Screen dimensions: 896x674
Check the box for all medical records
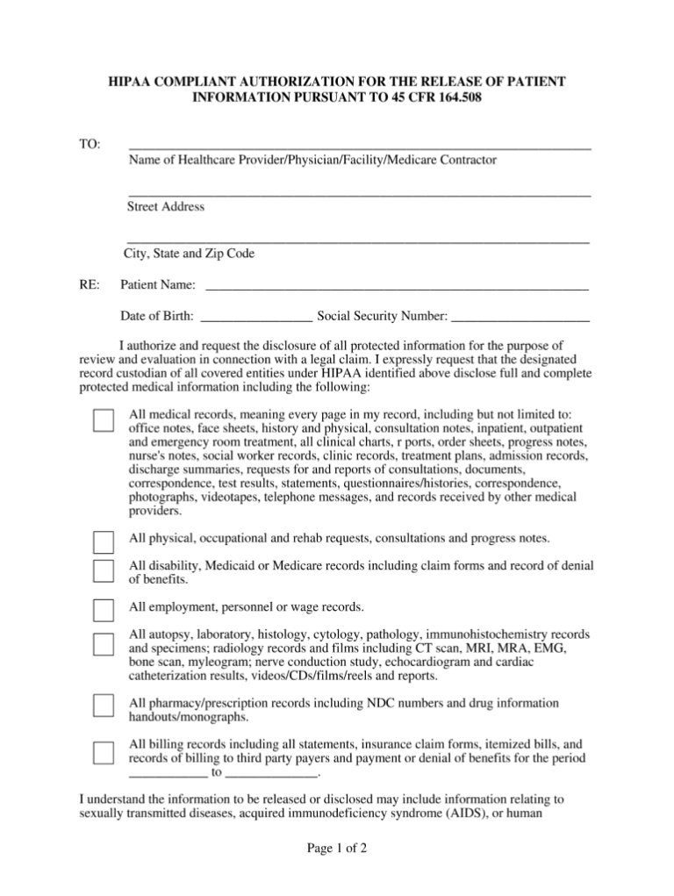click(x=104, y=420)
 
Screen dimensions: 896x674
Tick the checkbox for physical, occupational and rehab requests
click(x=104, y=541)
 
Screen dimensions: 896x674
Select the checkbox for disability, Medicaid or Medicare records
click(x=104, y=570)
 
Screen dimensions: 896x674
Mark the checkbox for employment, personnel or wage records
click(x=104, y=610)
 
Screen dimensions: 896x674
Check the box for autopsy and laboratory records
click(x=104, y=643)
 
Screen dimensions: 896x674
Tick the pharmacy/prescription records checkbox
click(x=104, y=706)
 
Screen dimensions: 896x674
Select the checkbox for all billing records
click(x=104, y=753)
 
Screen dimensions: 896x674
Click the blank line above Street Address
click(x=359, y=194)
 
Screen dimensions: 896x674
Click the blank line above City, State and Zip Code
click(x=358, y=240)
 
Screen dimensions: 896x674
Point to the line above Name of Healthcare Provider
click(x=359, y=147)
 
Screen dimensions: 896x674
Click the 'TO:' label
click(x=90, y=144)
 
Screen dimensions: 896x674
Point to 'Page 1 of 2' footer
click(x=336, y=849)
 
